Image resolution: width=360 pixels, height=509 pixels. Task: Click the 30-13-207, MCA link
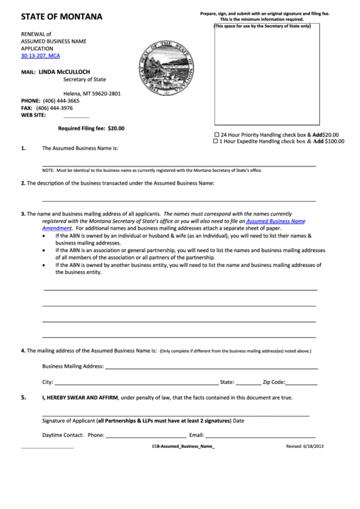pos(41,56)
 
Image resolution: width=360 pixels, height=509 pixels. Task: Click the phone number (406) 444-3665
pos(58,101)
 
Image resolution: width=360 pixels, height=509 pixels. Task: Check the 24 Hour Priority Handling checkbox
pos(217,135)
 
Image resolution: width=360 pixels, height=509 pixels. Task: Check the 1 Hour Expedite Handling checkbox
pos(217,141)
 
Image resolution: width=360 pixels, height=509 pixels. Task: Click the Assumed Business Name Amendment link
pos(276,222)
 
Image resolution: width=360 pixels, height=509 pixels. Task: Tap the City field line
pos(136,383)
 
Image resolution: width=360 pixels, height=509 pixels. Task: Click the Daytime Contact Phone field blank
pos(146,435)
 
